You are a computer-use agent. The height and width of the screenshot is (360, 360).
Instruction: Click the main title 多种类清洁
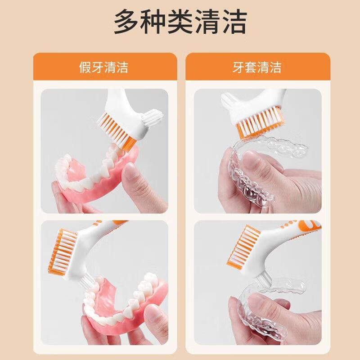coord(180,22)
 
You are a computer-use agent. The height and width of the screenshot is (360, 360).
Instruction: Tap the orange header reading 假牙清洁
coord(105,67)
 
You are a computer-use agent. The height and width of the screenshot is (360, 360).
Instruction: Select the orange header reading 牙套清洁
coord(258,67)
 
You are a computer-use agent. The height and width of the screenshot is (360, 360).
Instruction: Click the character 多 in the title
coord(126,22)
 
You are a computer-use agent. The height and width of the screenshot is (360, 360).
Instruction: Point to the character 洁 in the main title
coord(234,22)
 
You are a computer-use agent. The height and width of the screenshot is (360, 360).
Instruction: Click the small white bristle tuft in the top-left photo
coord(152,117)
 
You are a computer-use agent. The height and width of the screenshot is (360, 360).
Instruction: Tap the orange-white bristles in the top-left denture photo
coord(116,131)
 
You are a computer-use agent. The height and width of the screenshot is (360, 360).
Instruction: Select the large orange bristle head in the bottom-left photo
coord(63,252)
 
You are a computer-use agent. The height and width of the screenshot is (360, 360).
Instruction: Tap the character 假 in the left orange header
coord(85,67)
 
